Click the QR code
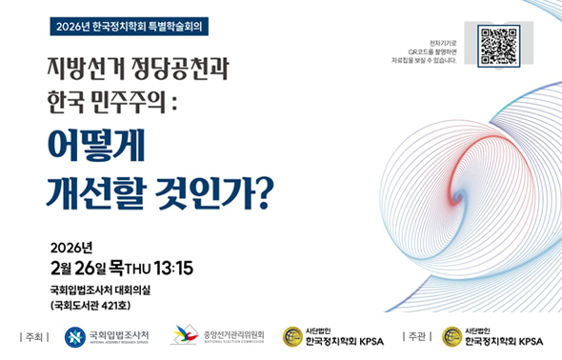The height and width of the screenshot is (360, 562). pos(498,45)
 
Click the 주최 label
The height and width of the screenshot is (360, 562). pos(34,336)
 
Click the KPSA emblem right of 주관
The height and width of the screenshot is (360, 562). pos(452,336)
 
